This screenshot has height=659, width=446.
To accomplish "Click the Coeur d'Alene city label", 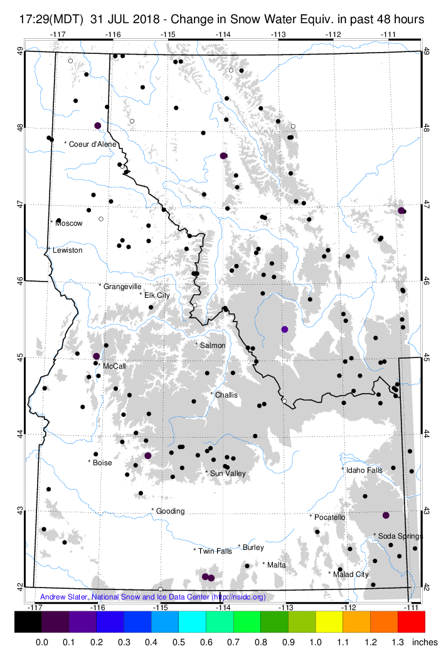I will [92, 144].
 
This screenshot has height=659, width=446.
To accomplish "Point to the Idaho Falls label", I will [362, 470].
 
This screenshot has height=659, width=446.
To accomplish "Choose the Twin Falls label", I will [213, 551].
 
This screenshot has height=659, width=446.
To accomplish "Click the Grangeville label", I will [121, 286].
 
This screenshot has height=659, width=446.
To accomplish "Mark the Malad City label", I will [349, 574].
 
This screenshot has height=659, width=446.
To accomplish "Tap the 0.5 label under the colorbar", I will [179, 642].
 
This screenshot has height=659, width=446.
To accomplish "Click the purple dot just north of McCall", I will [96, 356].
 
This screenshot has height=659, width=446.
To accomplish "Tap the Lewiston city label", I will [67, 250].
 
